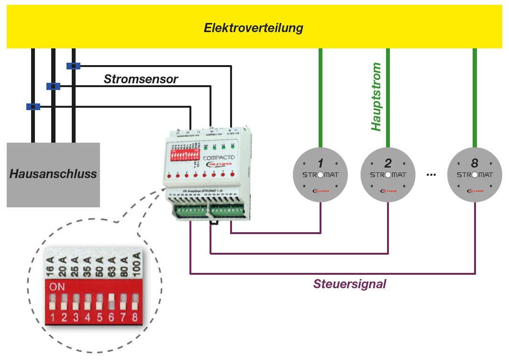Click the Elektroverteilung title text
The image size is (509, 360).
pyautogui.click(x=254, y=28)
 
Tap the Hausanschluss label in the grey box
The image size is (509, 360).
pyautogui.click(x=53, y=174)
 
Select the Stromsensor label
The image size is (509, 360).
pyautogui.click(x=141, y=79)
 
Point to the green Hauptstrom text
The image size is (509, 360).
pyautogui.click(x=376, y=97)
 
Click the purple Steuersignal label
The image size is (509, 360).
pyautogui.click(x=350, y=284)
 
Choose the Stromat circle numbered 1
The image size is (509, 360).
pyautogui.click(x=320, y=174)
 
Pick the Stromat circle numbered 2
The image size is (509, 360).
pyautogui.click(x=388, y=174)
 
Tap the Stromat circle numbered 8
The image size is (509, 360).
pyautogui.click(x=475, y=174)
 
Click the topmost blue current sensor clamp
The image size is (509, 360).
pyautogui.click(x=73, y=66)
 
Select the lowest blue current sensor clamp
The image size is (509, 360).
pyautogui.click(x=33, y=107)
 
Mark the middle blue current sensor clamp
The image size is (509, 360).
pyautogui.click(x=53, y=86)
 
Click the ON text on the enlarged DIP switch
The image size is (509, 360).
pyautogui.click(x=57, y=287)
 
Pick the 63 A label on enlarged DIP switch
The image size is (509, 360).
pyautogui.click(x=111, y=265)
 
